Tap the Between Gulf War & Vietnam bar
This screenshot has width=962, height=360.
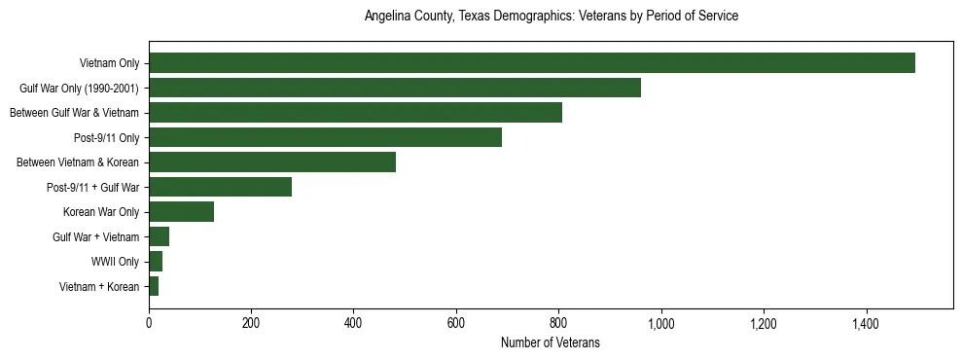point(355,113)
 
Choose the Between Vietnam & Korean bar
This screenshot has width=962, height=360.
point(272,162)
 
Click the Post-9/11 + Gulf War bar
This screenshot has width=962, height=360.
point(220,187)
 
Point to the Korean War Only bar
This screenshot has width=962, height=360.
point(181,212)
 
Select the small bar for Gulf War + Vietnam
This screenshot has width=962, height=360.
point(159,236)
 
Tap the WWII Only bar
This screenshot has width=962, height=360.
point(156,262)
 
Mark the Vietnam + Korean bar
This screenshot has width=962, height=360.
point(154,286)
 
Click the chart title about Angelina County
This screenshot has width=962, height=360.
point(551,17)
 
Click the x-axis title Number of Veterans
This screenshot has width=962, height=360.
point(551,343)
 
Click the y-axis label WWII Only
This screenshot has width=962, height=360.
point(115,262)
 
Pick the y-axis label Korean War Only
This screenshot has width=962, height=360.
point(101,212)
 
